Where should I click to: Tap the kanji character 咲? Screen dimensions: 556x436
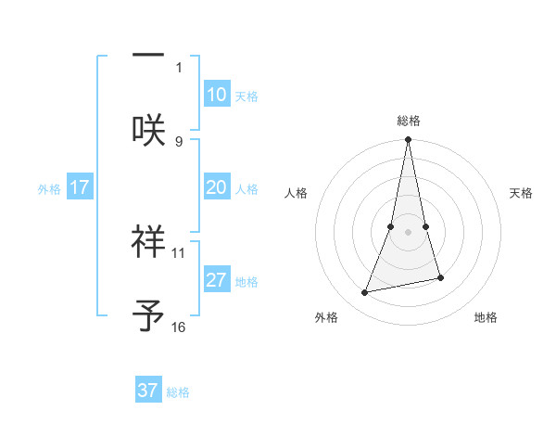(x=148, y=128)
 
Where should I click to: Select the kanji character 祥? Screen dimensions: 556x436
(x=148, y=241)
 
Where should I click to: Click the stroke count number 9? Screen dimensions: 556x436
(x=179, y=141)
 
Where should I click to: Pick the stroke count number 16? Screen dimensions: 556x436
(x=179, y=327)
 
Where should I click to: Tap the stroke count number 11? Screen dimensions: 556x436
(x=179, y=252)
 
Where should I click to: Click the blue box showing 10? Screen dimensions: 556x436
(x=216, y=95)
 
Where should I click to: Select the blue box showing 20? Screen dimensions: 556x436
(x=216, y=187)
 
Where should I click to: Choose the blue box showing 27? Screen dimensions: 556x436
(x=216, y=280)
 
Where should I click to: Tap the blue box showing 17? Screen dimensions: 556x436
(x=79, y=187)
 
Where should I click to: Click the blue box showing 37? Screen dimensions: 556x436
(x=148, y=391)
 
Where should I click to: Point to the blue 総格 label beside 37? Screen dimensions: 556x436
(x=178, y=392)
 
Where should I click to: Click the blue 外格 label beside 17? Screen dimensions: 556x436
(x=49, y=189)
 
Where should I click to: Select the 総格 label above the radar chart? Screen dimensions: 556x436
(x=409, y=121)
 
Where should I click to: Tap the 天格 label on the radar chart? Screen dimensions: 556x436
(x=521, y=193)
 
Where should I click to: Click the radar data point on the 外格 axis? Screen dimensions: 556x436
(x=365, y=293)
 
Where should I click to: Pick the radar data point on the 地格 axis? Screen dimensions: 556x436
(x=440, y=277)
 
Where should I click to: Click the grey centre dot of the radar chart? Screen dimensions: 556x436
(x=409, y=232)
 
